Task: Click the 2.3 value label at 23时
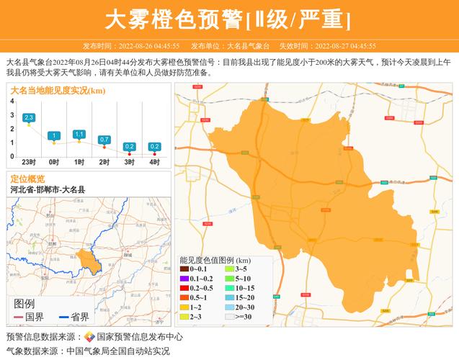tap(29, 117)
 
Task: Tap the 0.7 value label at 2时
tap(104, 140)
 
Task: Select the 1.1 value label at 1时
tap(79, 134)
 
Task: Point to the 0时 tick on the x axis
tap(54, 163)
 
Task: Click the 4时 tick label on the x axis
tap(154, 163)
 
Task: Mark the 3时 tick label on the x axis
tap(129, 163)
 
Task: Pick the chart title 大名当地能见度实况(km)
tap(58, 90)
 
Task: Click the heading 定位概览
tap(27, 179)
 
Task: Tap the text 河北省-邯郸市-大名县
tap(48, 189)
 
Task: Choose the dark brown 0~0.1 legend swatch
tap(184, 269)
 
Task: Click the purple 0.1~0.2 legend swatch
tap(184, 279)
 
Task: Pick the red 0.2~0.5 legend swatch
tap(184, 288)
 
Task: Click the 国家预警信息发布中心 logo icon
tap(89, 336)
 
